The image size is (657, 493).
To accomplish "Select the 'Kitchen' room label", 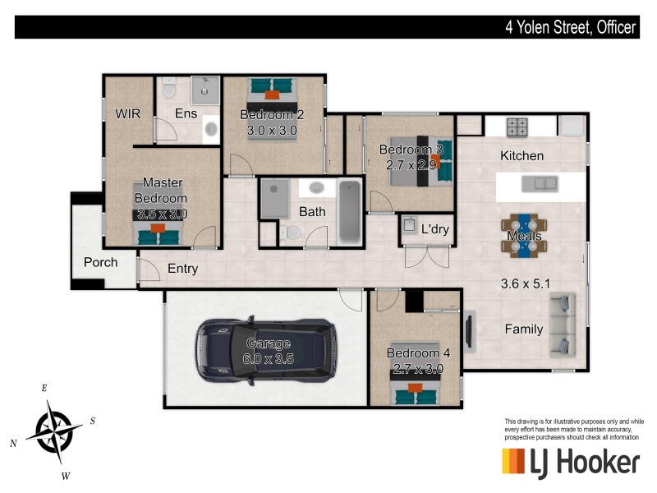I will click(521, 155).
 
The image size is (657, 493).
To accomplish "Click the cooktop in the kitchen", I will click(517, 127).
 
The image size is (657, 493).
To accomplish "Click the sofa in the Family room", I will click(563, 325).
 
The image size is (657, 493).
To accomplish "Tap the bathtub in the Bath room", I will click(350, 211).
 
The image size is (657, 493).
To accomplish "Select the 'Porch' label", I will click(101, 263).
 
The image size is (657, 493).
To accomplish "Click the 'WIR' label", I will click(128, 113).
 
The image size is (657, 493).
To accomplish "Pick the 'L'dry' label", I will click(434, 229).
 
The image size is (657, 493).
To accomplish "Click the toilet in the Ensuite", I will click(168, 89).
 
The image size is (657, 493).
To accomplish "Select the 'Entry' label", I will click(182, 269).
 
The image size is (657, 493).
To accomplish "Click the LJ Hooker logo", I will click(570, 462).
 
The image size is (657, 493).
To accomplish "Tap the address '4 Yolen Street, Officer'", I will click(570, 27).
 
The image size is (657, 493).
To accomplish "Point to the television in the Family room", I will click(469, 331).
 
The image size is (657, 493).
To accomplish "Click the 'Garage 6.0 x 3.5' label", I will click(269, 351).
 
